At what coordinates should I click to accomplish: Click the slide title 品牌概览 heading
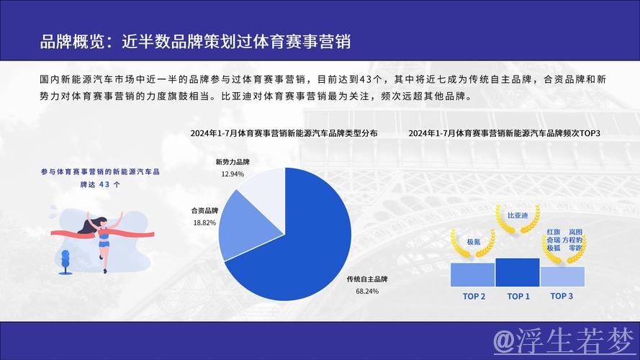point(195,41)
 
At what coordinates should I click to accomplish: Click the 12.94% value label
point(233,174)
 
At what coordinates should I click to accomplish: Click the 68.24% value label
point(367,292)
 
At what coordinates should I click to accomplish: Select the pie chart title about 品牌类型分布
point(284,133)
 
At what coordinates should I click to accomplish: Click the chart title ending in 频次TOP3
point(504,133)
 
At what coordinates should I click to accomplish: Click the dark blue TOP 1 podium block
point(518,273)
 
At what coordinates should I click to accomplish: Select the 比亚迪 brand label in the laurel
point(518,215)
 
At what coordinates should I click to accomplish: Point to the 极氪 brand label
point(473,242)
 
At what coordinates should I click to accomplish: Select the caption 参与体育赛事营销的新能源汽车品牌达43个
point(100,178)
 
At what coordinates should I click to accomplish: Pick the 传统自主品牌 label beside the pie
point(367,279)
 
